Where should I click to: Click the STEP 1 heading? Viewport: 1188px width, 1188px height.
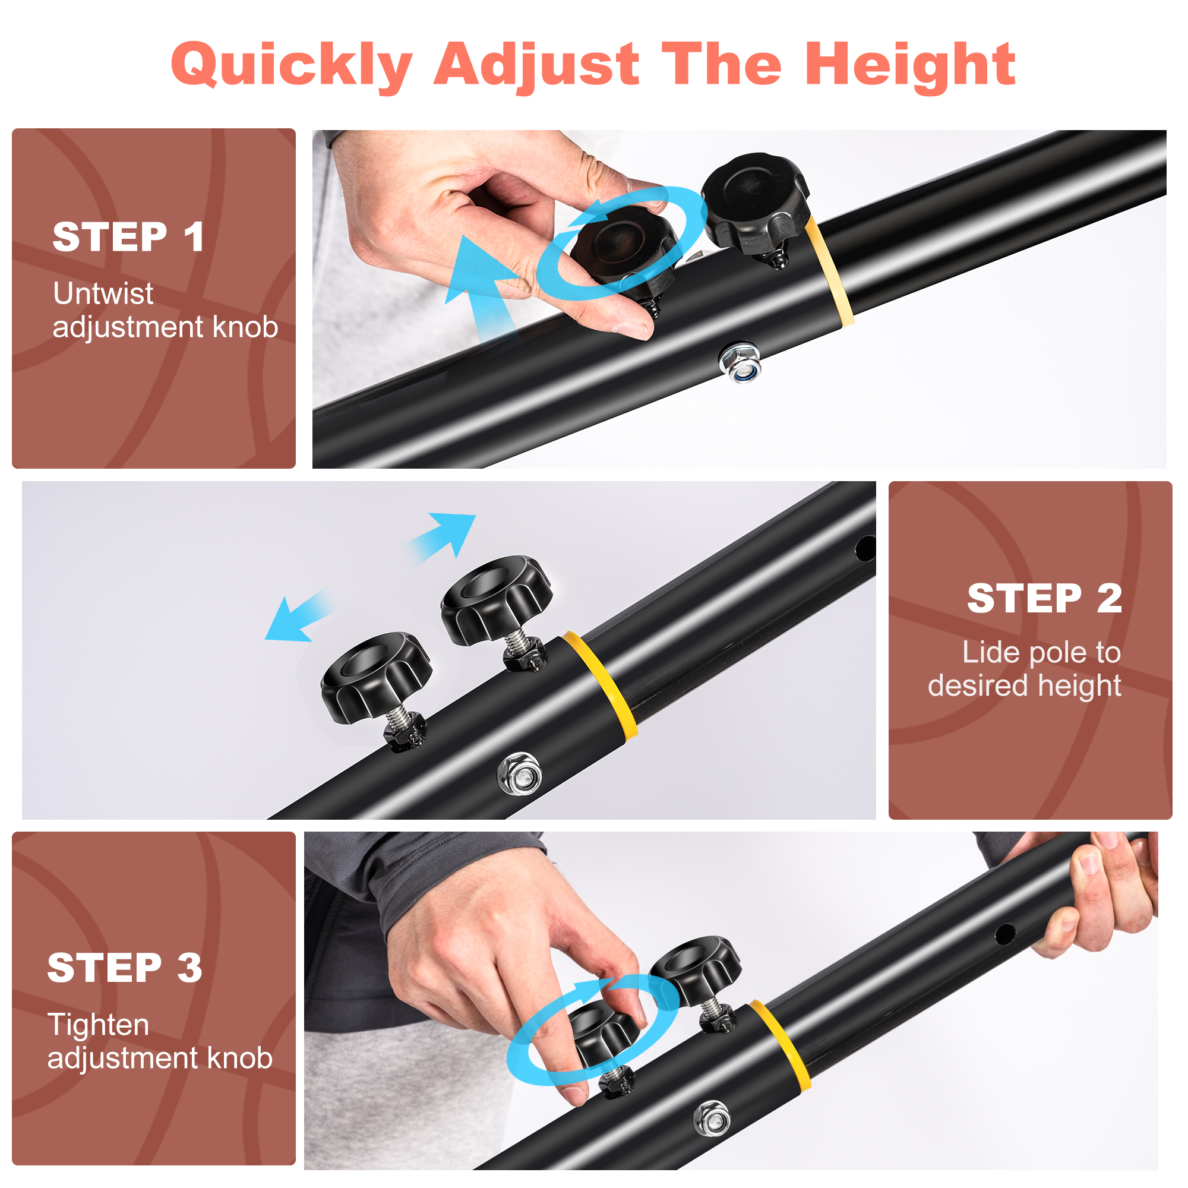pos(128,237)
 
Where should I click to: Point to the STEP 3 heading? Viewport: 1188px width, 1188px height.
pos(125,967)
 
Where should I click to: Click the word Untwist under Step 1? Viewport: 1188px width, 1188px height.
pos(103,293)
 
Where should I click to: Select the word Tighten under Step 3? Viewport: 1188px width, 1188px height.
pos(99,1025)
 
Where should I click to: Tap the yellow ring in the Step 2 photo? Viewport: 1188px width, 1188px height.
pos(601,684)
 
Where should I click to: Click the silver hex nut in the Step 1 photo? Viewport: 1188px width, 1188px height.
pos(740,363)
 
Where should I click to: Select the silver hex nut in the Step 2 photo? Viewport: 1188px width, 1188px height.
pos(520,773)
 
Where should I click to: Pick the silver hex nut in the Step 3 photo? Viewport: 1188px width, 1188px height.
pos(712,1119)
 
